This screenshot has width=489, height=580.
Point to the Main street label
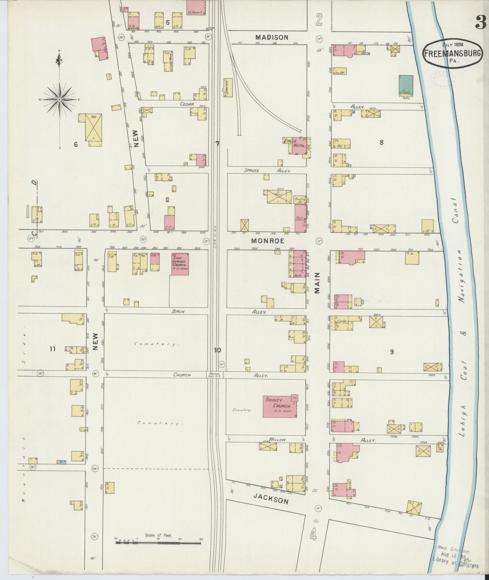point(318,285)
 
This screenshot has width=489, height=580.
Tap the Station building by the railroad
point(228,87)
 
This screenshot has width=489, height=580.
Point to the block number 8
point(381,142)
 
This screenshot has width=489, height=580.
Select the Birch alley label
point(178,311)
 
